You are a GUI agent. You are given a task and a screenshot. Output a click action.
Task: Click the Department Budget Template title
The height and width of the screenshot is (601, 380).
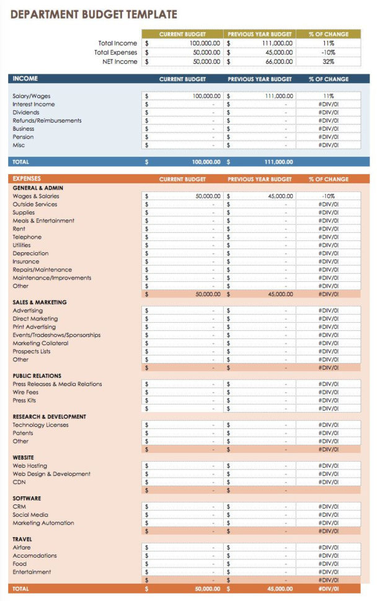pyautogui.click(x=94, y=14)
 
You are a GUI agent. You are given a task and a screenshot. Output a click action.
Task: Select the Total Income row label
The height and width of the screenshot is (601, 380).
pyautogui.click(x=117, y=43)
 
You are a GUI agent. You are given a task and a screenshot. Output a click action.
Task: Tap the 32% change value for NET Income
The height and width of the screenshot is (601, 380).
pyautogui.click(x=328, y=62)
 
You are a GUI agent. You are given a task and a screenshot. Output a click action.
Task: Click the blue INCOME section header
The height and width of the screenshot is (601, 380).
pyautogui.click(x=25, y=79)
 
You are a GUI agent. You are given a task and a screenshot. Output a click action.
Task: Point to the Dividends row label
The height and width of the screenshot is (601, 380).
pyautogui.click(x=26, y=113)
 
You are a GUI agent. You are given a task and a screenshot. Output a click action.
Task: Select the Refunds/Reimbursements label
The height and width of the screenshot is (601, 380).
pyautogui.click(x=46, y=121)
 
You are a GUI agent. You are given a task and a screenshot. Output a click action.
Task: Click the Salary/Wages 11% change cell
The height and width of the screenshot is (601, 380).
pyautogui.click(x=328, y=97)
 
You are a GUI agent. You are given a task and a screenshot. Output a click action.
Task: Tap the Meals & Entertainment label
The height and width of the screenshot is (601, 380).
pyautogui.click(x=43, y=221)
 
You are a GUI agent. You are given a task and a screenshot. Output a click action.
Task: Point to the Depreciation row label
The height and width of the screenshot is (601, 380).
pyautogui.click(x=30, y=253)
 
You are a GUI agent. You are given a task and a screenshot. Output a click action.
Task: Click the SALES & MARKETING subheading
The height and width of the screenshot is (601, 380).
pyautogui.click(x=40, y=302)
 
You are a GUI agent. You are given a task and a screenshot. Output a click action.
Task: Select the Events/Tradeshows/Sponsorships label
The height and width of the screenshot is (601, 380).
pyautogui.click(x=56, y=335)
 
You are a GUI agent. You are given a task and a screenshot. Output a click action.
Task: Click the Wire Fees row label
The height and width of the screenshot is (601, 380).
pyautogui.click(x=25, y=392)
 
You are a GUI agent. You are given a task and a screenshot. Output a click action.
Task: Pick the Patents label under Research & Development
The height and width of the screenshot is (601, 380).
pyautogui.click(x=23, y=433)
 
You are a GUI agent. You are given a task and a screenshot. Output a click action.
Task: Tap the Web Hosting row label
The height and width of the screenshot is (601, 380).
pyautogui.click(x=30, y=466)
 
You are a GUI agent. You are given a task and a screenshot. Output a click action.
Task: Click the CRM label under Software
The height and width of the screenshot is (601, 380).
pyautogui.click(x=19, y=507)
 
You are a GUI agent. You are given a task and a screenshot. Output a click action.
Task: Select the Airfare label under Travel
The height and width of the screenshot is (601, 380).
pyautogui.click(x=22, y=548)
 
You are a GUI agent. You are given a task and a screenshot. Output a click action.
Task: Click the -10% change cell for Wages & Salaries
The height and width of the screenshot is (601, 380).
pyautogui.click(x=328, y=196)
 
